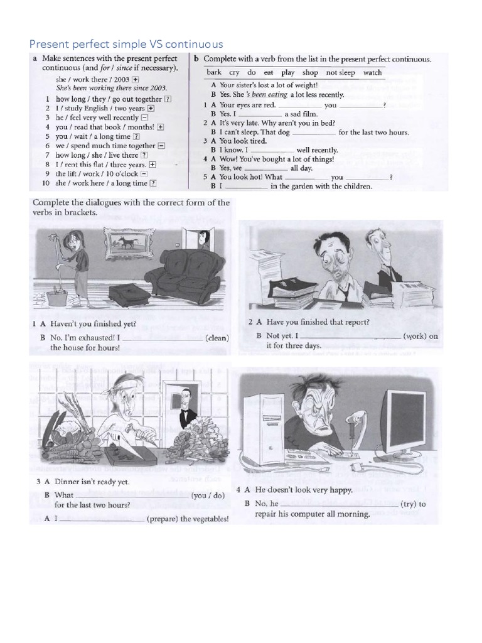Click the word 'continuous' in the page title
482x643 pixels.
[x=195, y=43]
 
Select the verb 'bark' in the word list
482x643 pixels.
[x=214, y=73]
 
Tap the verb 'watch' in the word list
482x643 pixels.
[x=372, y=73]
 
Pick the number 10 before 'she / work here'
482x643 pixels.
[x=45, y=183]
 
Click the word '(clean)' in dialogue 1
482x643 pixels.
[x=217, y=338]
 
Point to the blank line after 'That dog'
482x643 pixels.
[x=314, y=132]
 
